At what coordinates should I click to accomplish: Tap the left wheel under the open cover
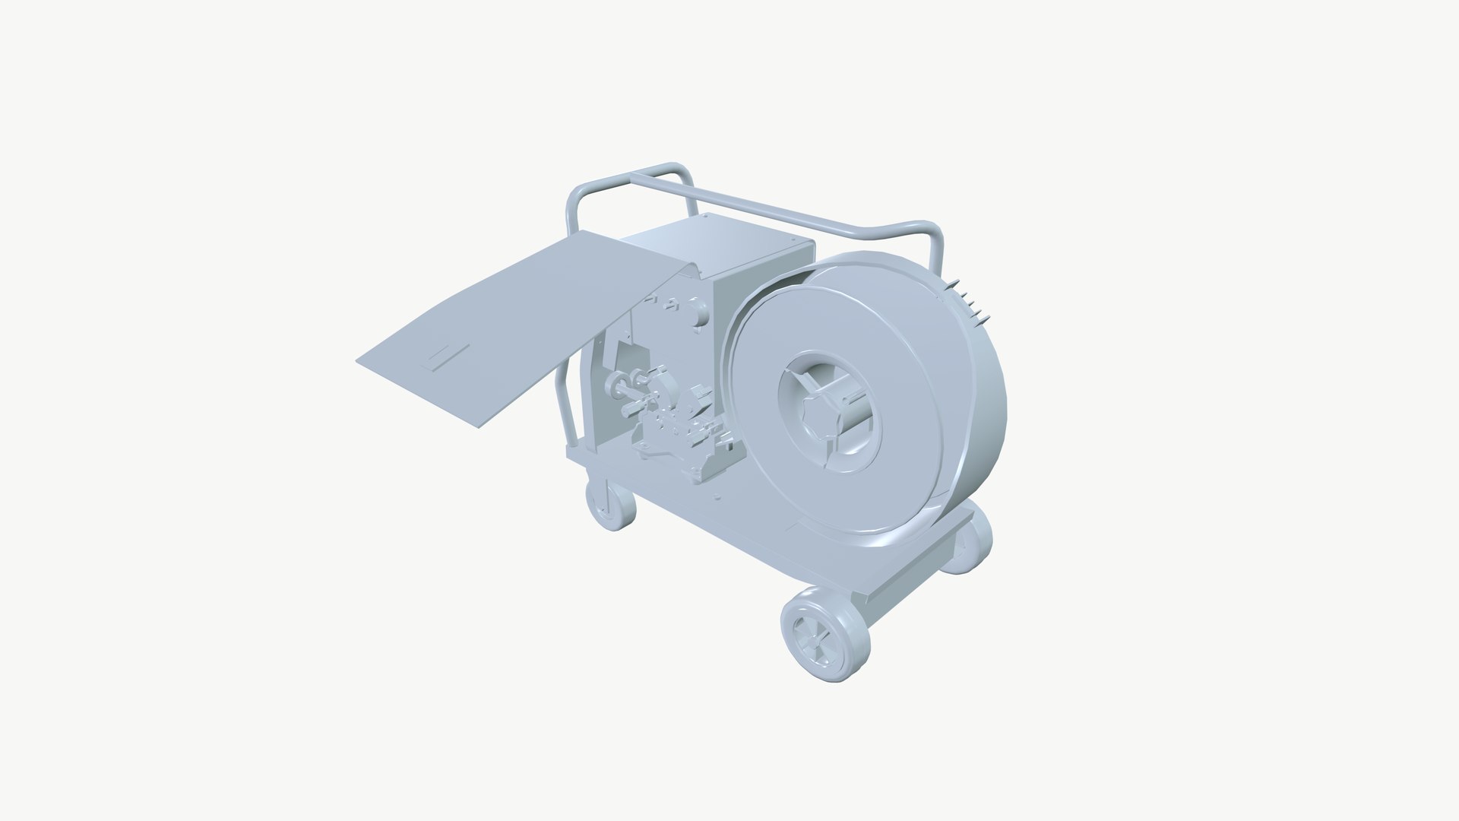click(x=610, y=504)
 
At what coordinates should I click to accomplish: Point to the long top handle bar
click(x=775, y=205)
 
